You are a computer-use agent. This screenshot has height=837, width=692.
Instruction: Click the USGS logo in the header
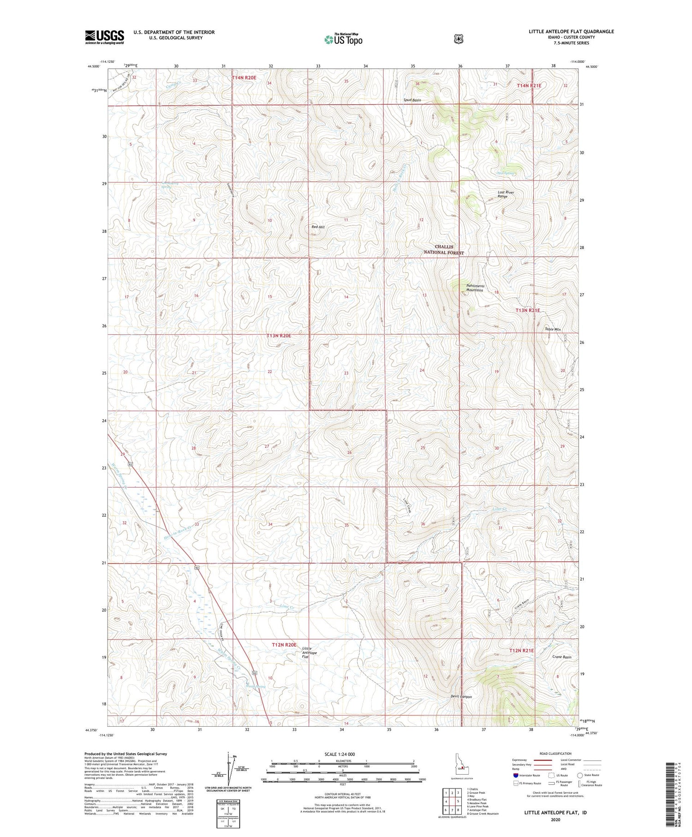coord(104,37)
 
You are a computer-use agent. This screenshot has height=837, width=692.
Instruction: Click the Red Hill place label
coord(318,227)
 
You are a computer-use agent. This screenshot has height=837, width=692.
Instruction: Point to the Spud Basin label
coord(412,100)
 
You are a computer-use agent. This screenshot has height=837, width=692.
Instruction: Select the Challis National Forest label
coord(444,250)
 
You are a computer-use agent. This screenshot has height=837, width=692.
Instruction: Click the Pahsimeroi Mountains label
coord(474,288)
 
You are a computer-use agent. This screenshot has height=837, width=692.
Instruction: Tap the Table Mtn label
coord(552,329)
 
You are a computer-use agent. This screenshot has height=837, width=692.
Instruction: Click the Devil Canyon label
coord(461,697)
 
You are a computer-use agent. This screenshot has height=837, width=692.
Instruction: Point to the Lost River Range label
coord(506,194)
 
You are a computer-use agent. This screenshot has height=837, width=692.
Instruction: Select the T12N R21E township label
coord(521,650)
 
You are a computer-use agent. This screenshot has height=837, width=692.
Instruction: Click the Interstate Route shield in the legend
coord(516,776)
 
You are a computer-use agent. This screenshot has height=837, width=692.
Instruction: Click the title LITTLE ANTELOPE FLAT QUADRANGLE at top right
coord(571,31)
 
